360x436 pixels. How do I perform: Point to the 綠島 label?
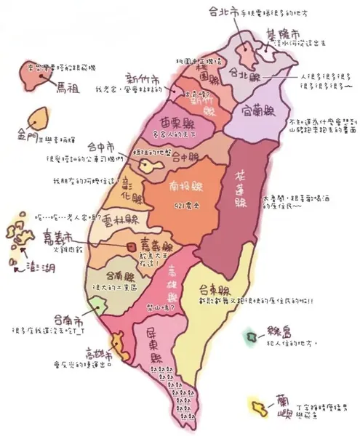278,338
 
